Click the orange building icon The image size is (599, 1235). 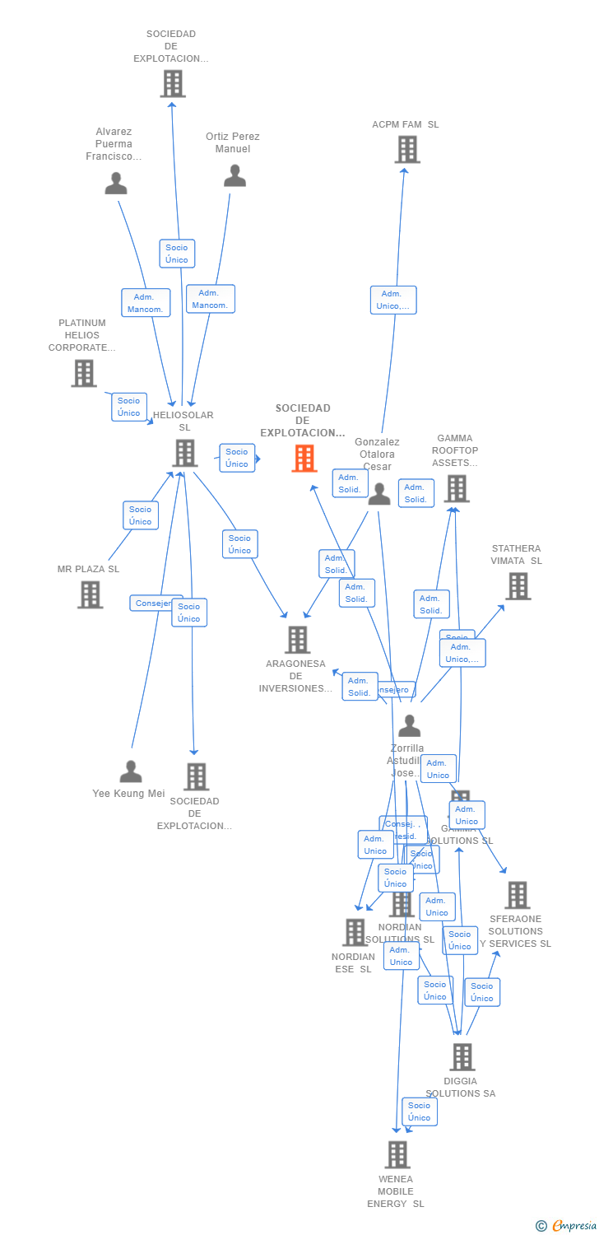[x=304, y=459]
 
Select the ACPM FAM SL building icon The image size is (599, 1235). [x=407, y=150]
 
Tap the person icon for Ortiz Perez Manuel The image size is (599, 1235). [x=234, y=176]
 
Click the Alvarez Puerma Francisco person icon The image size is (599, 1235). [x=116, y=184]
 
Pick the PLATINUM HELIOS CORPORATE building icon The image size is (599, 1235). [x=84, y=373]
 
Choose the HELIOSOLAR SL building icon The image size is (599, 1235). [x=185, y=453]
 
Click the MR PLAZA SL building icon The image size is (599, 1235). [x=91, y=594]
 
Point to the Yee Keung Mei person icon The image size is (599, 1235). [x=131, y=772]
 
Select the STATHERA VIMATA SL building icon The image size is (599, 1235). [x=518, y=586]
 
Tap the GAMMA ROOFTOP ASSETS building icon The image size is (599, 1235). [x=456, y=488]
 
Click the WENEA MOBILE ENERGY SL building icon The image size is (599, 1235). [x=397, y=1154]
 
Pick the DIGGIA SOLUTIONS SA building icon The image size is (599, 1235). [x=462, y=1056]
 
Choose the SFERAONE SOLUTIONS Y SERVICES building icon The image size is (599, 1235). [x=517, y=895]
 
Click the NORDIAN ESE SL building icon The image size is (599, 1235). [x=355, y=933]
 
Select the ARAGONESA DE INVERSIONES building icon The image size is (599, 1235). [x=297, y=640]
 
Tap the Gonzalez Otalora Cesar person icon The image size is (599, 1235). [x=378, y=494]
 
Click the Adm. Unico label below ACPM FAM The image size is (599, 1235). [x=393, y=300]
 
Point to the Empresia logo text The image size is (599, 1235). [x=573, y=1226]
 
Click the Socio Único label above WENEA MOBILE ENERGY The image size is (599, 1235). [x=420, y=1111]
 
